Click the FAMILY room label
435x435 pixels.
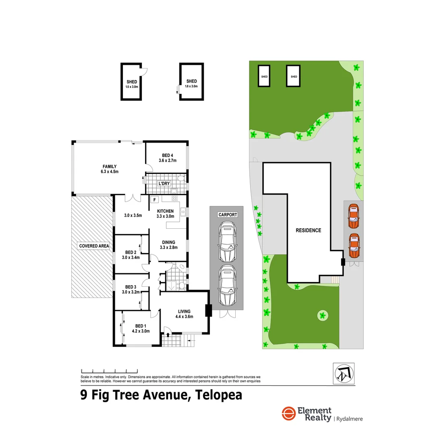pos(110,169)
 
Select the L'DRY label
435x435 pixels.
pos(164,184)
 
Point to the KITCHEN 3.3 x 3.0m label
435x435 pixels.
pos(166,213)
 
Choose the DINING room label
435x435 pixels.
pos(168,244)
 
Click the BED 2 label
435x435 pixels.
pos(130,255)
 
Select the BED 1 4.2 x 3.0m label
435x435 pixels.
pos(141,329)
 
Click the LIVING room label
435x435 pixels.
pos(184,313)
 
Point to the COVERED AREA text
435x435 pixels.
pos(94,246)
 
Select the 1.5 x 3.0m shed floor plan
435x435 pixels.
pos(132,82)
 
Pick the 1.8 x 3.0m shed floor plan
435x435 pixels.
pos(191,82)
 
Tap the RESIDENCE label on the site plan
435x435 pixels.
pos(309,230)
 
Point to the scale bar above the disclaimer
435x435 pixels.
pos(109,370)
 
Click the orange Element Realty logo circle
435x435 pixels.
pos(288,414)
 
